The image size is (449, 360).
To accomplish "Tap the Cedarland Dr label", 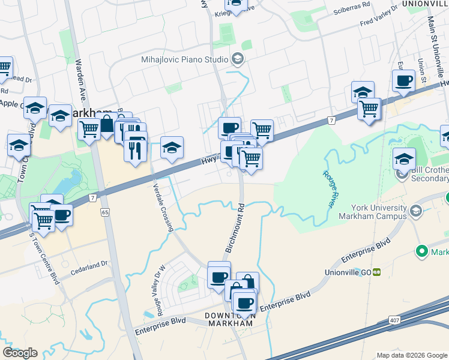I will tap(87, 263).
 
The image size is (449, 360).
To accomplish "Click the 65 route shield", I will tap(106, 212).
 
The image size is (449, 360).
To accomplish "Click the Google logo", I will tap(20, 353).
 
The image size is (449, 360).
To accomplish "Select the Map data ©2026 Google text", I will tap(411, 355).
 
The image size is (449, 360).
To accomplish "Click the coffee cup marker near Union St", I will tap(403, 80).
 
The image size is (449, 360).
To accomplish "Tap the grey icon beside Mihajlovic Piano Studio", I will tap(237, 59).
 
